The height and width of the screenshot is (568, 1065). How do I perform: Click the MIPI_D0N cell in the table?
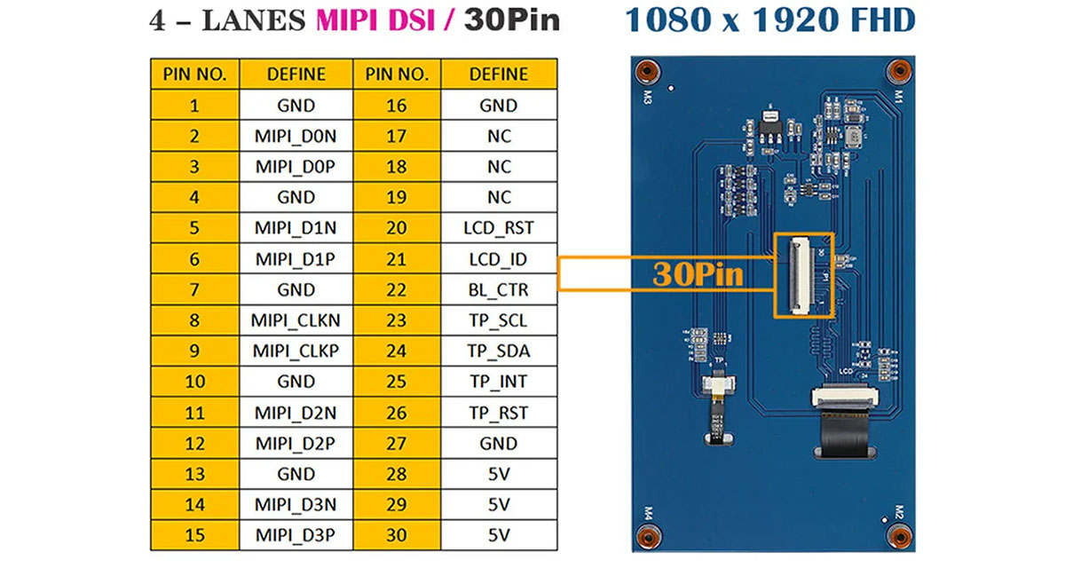(x=296, y=137)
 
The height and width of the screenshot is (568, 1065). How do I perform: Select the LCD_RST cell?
(x=499, y=228)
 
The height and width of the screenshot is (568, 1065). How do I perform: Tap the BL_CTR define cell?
(x=499, y=289)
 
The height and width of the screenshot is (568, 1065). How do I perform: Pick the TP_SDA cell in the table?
(x=499, y=351)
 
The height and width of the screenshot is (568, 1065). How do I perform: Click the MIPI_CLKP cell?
(x=296, y=351)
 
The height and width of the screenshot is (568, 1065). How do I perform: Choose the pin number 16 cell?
(x=397, y=106)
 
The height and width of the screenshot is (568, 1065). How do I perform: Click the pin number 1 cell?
(x=194, y=106)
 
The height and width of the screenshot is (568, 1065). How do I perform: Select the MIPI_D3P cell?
(x=296, y=535)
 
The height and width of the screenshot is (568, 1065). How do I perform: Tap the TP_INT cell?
(x=499, y=382)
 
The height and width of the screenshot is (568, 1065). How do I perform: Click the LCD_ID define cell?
(x=499, y=259)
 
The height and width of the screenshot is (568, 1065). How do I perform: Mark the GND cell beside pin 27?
(x=499, y=443)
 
